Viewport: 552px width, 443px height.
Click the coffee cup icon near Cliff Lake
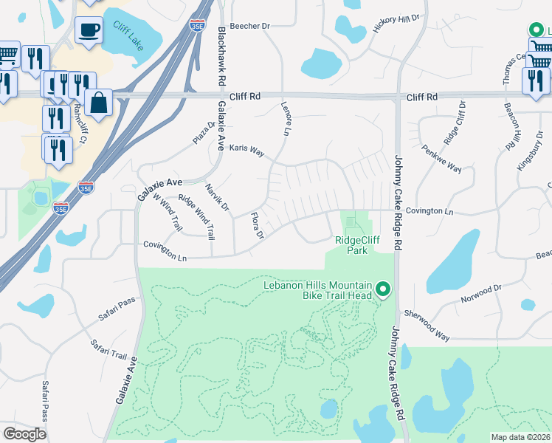coord(89,30)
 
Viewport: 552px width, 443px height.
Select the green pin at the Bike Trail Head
coord(382,289)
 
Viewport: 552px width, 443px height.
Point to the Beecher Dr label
coord(250,26)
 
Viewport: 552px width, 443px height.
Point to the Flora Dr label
coord(257,227)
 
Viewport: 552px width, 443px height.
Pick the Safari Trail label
coord(108,348)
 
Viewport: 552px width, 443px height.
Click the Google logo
coord(25,433)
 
